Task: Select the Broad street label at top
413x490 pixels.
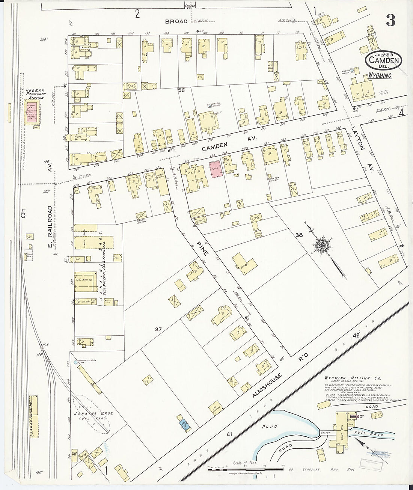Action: tap(176, 22)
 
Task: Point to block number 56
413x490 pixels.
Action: tap(182, 90)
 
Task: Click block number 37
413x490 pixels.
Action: tap(158, 329)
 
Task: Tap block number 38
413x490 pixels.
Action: tap(299, 235)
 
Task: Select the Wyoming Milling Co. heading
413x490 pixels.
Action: tap(345, 378)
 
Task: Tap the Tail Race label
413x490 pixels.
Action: tap(374, 434)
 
